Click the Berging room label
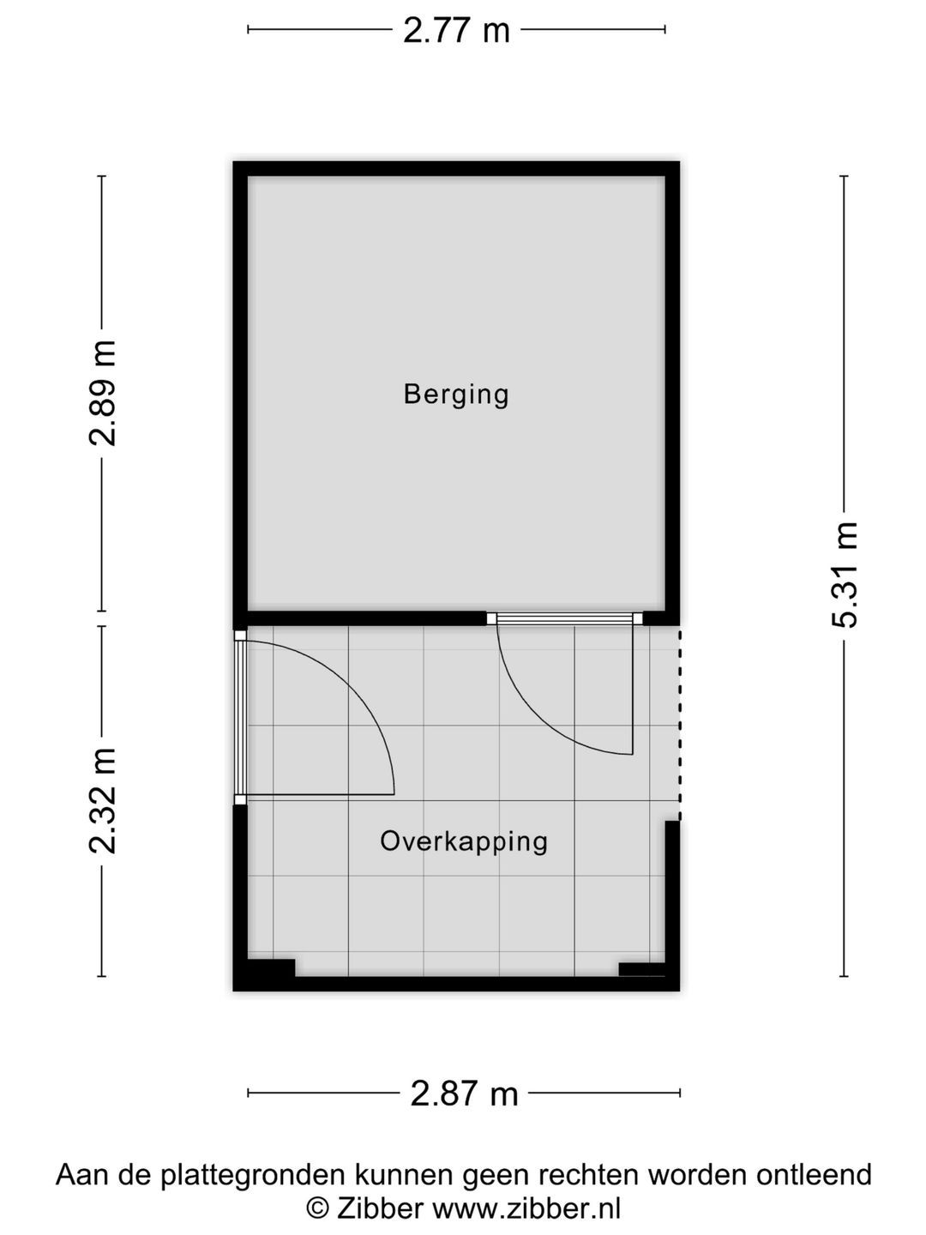point(456,395)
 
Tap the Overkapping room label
point(464,840)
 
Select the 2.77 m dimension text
point(456,31)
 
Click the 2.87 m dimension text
point(464,1093)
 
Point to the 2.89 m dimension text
point(103,394)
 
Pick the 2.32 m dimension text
point(103,801)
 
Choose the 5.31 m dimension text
point(845,575)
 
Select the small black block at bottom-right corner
point(641,969)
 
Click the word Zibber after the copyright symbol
point(380,1208)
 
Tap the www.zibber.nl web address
point(526,1208)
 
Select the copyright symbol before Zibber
point(318,1208)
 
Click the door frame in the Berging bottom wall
point(565,617)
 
